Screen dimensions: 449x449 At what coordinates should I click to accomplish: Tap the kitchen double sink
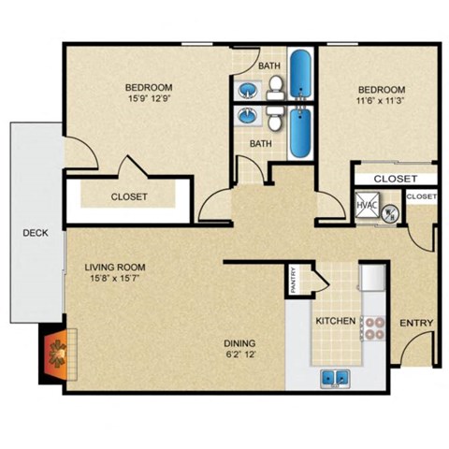click(x=336, y=379)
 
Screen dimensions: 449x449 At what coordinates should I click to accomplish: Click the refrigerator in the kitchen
click(x=373, y=280)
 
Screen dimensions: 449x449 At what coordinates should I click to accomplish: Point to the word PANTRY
click(x=293, y=282)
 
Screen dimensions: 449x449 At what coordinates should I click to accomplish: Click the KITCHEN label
click(x=335, y=321)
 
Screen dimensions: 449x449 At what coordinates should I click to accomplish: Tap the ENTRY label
click(x=415, y=324)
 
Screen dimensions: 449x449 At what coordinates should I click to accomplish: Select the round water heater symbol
click(x=392, y=212)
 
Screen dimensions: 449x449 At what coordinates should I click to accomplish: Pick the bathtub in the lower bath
click(x=300, y=133)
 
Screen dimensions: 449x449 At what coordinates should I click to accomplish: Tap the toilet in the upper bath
click(x=277, y=89)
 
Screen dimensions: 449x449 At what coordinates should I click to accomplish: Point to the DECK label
click(x=36, y=233)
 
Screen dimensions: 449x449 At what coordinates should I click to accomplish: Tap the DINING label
click(x=239, y=342)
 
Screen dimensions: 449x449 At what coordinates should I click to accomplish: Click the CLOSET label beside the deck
click(x=129, y=196)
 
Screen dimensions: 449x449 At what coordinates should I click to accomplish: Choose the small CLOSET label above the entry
click(x=421, y=196)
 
